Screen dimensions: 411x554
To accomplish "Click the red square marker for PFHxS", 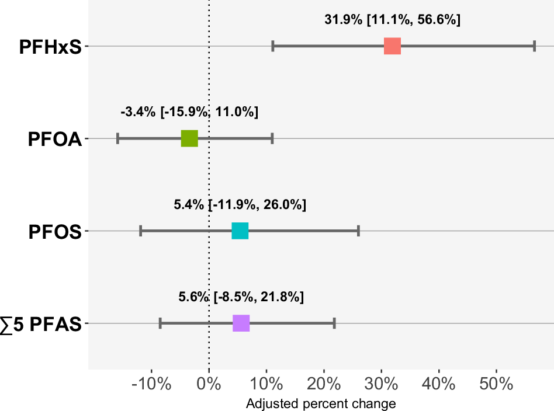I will click(x=392, y=46).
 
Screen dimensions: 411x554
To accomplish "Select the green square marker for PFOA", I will click(x=189, y=138).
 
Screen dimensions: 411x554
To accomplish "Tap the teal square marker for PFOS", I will click(x=240, y=231).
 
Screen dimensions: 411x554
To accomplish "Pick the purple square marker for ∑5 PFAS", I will click(x=241, y=323).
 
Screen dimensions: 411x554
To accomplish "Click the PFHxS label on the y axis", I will click(x=50, y=47).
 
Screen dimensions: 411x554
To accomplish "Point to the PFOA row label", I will click(x=54, y=140).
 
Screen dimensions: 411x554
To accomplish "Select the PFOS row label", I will click(x=55, y=232).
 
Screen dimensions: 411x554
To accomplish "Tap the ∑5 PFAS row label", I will click(x=41, y=325).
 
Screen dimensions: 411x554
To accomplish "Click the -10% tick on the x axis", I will click(x=151, y=385).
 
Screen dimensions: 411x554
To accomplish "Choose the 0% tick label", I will click(x=209, y=385).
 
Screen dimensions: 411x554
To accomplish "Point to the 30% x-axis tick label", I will click(x=382, y=385).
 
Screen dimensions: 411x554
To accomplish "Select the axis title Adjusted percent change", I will click(x=321, y=403).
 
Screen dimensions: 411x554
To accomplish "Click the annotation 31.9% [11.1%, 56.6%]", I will click(x=392, y=20).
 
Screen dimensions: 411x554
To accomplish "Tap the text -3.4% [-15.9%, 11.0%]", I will click(x=189, y=112).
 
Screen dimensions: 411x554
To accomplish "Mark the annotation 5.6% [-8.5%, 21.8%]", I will click(x=241, y=297).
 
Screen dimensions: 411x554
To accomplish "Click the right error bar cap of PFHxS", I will click(x=534, y=46).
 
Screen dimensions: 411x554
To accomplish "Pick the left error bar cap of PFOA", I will click(x=118, y=138).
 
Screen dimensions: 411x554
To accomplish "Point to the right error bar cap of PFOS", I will click(x=358, y=231).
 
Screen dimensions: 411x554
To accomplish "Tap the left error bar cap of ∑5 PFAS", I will click(x=160, y=323).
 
